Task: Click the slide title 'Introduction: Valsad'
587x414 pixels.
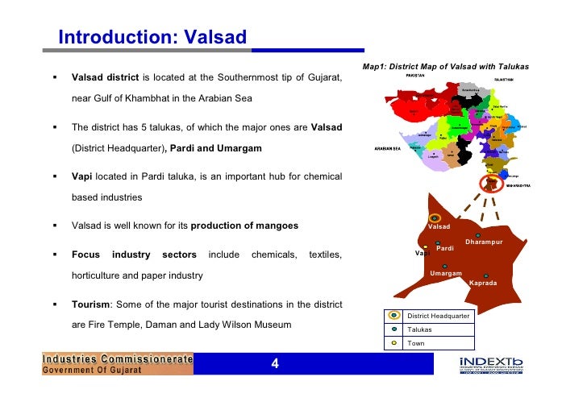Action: (152, 37)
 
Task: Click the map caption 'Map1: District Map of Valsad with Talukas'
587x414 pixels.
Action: (446, 66)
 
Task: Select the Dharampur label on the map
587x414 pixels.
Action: (484, 242)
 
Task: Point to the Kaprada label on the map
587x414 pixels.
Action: (483, 284)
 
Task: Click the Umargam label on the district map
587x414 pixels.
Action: (445, 274)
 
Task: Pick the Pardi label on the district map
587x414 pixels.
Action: (445, 249)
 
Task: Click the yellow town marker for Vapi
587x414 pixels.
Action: (426, 246)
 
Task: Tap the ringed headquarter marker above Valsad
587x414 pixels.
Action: (435, 217)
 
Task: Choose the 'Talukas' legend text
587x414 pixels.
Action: (419, 329)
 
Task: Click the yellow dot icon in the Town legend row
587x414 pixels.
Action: (393, 343)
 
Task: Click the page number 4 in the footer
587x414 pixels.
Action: (275, 364)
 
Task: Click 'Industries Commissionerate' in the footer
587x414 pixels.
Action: (118, 358)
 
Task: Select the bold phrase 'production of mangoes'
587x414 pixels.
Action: (244, 226)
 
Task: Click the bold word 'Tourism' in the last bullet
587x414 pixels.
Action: (90, 305)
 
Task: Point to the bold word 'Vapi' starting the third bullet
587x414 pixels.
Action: (83, 176)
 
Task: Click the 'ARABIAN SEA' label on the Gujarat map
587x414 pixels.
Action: (389, 149)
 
